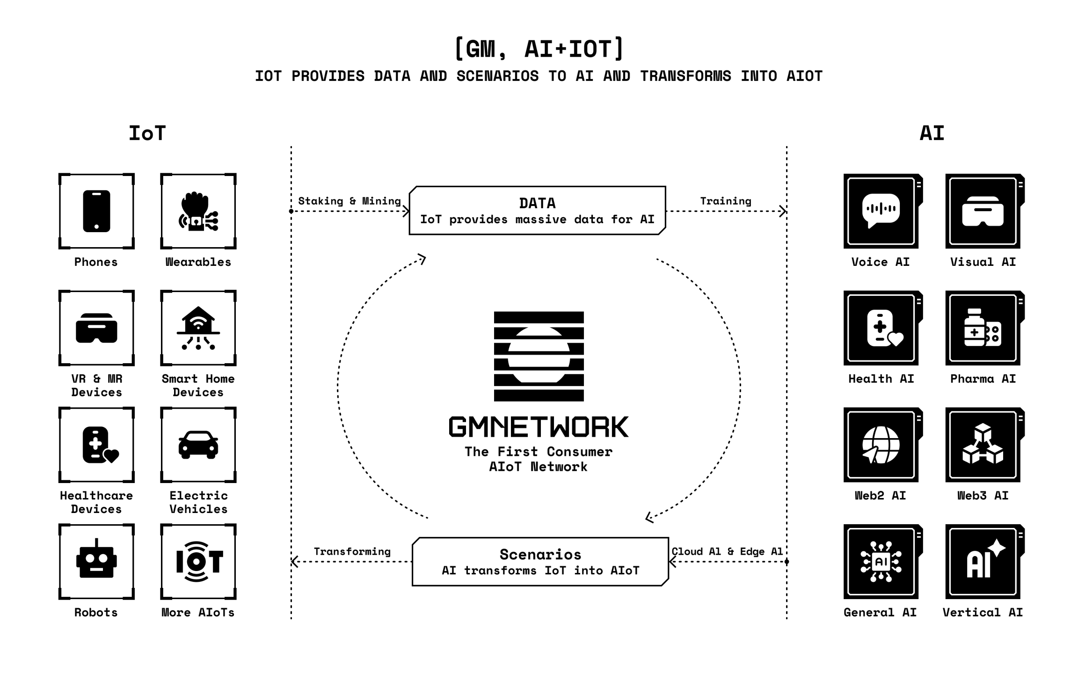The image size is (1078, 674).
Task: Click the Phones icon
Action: click(96, 211)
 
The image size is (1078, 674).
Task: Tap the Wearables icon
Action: click(198, 211)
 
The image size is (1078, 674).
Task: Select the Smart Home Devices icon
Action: click(198, 328)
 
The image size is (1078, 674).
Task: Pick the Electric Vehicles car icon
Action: click(198, 445)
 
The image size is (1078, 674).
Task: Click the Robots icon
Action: click(96, 561)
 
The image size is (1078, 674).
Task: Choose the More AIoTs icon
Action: click(198, 561)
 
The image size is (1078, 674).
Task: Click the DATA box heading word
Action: click(538, 203)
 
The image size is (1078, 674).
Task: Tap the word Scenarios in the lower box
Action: click(540, 555)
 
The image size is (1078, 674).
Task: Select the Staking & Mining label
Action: click(350, 201)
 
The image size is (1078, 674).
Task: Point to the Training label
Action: click(726, 201)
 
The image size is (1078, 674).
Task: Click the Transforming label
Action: click(352, 551)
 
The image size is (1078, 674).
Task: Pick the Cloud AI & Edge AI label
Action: click(728, 551)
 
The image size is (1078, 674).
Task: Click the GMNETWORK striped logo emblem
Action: click(539, 356)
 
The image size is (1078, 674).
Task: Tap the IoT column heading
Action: click(147, 133)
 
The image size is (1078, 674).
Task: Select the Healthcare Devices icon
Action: click(96, 445)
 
